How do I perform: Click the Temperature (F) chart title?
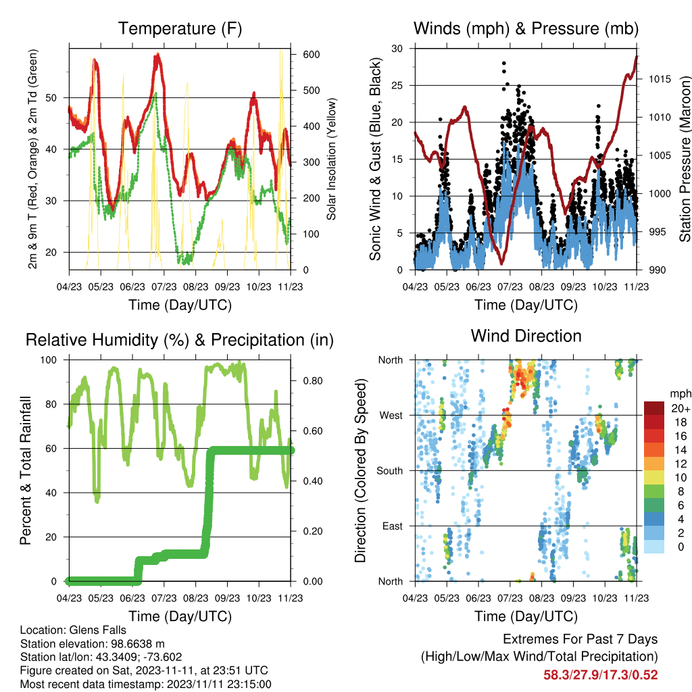[180, 28]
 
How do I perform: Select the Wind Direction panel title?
[526, 336]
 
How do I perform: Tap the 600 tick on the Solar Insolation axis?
[311, 54]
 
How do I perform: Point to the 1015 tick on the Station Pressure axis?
[660, 79]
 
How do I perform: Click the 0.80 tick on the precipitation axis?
[312, 381]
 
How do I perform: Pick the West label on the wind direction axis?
[391, 416]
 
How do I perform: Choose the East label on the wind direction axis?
[393, 526]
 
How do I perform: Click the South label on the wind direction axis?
[390, 471]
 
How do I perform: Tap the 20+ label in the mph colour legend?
[681, 408]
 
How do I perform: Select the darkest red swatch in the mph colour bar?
[653, 408]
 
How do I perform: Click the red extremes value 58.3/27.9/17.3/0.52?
[600, 675]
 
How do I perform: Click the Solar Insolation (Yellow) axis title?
[331, 159]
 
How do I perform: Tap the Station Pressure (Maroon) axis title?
[685, 159]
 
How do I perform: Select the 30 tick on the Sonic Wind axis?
[397, 49]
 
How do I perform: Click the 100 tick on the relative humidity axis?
[49, 360]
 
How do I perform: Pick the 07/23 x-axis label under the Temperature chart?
[164, 287]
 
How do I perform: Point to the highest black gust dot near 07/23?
[504, 64]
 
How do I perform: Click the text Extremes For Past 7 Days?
[580, 639]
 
